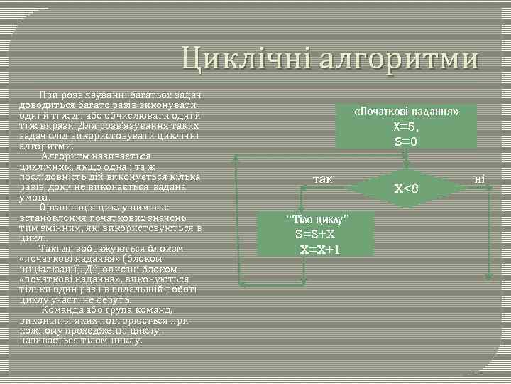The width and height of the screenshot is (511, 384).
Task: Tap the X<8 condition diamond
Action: coord(407,188)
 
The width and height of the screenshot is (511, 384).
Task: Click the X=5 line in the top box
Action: coord(406,127)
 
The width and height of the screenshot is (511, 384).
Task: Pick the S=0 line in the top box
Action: coord(406,142)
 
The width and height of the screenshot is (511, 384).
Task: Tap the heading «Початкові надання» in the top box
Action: coord(406,113)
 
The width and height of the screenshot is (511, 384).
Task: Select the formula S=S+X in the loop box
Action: coord(316,234)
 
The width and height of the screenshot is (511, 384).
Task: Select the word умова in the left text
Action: coord(35,197)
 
